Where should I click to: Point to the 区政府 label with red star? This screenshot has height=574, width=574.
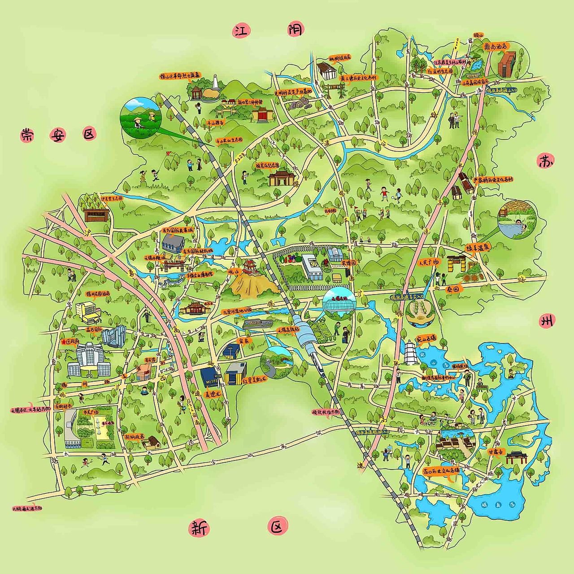click(x=71, y=341)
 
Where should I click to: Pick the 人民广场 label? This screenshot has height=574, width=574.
click(x=429, y=262)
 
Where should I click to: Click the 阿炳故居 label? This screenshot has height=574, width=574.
click(x=135, y=435)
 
